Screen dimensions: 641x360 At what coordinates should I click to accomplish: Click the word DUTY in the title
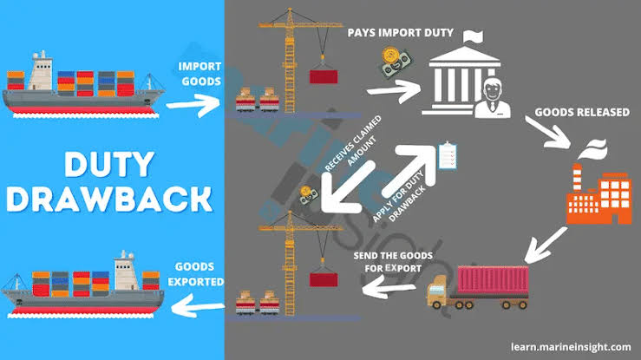[109, 164]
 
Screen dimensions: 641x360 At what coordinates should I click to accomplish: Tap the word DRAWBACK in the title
[109, 199]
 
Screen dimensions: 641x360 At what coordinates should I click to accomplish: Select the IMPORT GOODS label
[199, 74]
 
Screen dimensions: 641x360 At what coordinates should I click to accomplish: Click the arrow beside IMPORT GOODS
[193, 105]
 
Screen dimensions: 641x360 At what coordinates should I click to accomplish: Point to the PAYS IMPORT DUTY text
[400, 33]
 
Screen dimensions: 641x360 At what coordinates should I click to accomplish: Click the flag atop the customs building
[473, 36]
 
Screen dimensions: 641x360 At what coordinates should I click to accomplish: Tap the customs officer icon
[493, 99]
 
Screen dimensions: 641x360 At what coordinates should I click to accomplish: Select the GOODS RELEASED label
[582, 112]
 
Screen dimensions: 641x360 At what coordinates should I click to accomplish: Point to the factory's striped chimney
[577, 178]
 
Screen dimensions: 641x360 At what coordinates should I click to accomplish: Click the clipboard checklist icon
[448, 155]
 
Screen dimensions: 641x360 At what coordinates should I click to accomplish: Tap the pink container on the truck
[493, 280]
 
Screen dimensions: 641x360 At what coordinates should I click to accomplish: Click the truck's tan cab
[438, 290]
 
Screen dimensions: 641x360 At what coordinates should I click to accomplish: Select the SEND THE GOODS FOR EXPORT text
[393, 262]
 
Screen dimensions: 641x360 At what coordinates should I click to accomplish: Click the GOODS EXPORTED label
[195, 274]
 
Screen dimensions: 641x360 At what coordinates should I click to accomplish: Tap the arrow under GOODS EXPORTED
[198, 306]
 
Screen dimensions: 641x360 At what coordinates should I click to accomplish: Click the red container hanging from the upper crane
[324, 77]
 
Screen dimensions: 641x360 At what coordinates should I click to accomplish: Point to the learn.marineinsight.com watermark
[571, 347]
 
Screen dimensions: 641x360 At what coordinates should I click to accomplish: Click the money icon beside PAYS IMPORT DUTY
[396, 62]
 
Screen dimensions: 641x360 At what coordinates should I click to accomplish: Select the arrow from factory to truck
[546, 245]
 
